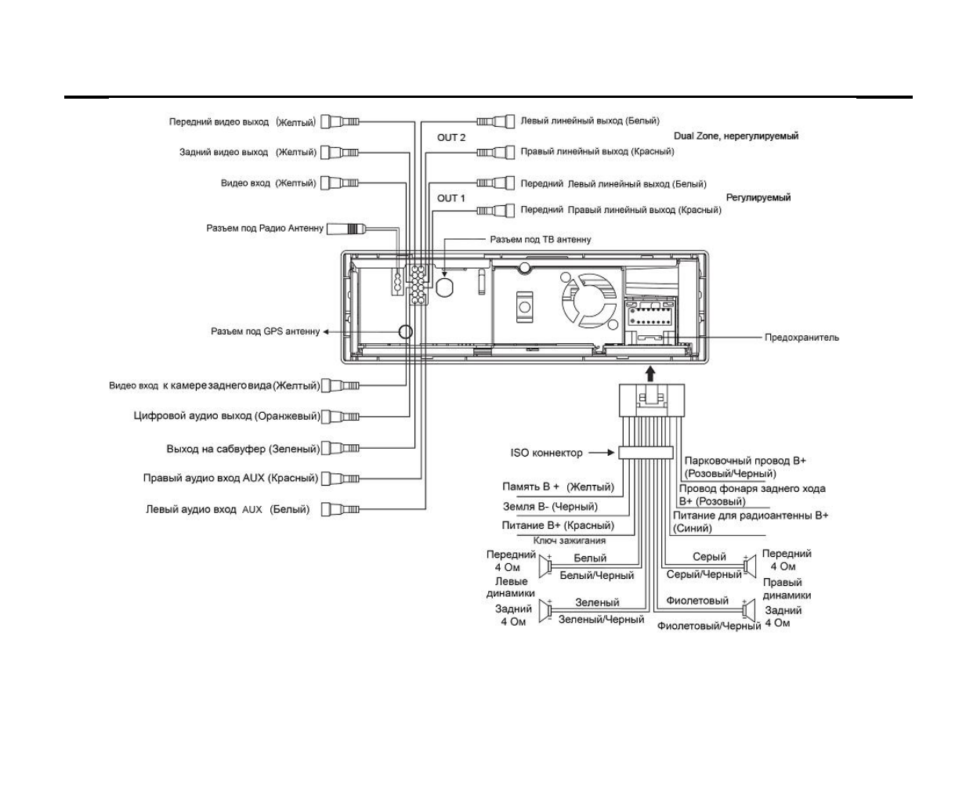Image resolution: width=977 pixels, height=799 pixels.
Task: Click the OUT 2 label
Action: [451, 138]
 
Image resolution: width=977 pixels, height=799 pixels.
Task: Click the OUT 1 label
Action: [451, 198]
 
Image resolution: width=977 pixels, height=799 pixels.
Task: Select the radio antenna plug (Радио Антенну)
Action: [347, 229]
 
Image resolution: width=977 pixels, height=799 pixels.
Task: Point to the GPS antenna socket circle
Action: [405, 331]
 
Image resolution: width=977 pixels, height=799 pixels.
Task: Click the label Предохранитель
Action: [802, 338]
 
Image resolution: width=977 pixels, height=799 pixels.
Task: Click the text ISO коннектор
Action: [547, 453]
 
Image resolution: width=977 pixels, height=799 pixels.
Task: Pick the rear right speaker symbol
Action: [749, 611]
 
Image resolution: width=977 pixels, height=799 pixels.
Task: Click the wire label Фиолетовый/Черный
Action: [709, 626]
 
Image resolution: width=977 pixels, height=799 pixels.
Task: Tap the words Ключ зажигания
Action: [570, 540]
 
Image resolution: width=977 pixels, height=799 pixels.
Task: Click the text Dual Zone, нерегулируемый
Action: [736, 136]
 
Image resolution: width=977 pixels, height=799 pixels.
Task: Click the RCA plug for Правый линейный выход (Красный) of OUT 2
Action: [495, 152]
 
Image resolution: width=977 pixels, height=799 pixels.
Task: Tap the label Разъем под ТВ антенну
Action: [541, 240]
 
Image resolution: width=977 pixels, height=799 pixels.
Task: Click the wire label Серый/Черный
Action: [704, 575]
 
